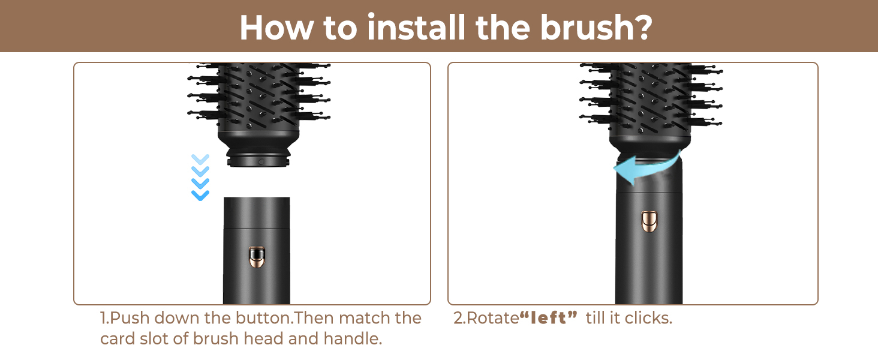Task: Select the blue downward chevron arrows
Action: tap(200, 177)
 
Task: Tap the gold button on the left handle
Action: tap(256, 257)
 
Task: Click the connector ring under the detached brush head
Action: tap(258, 161)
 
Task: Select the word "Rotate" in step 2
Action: tap(492, 318)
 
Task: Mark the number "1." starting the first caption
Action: tap(105, 318)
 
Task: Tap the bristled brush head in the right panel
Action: tap(651, 99)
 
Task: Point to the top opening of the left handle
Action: tap(256, 200)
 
